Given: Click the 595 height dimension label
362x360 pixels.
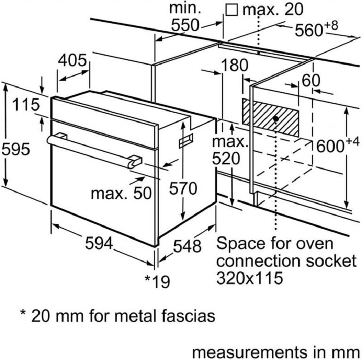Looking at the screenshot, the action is pyautogui.click(x=16, y=149).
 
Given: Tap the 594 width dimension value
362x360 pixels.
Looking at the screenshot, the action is pyautogui.click(x=99, y=243).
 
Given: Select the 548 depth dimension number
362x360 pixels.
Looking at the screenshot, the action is pyautogui.click(x=187, y=246).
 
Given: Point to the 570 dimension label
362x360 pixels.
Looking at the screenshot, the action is pyautogui.click(x=183, y=188).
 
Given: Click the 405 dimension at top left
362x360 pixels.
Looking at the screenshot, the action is pyautogui.click(x=72, y=60).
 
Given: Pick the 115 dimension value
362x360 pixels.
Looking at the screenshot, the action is pyautogui.click(x=26, y=105).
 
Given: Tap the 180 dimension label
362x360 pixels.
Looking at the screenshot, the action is pyautogui.click(x=234, y=65).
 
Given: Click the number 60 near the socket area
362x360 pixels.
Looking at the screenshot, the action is pyautogui.click(x=311, y=80).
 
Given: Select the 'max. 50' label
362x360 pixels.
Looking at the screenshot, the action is pyautogui.click(x=121, y=193).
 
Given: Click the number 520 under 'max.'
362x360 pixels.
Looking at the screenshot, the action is pyautogui.click(x=226, y=158).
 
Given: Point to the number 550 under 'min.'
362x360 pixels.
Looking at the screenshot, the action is pyautogui.click(x=185, y=25).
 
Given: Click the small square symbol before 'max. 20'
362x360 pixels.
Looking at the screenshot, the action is pyautogui.click(x=232, y=10).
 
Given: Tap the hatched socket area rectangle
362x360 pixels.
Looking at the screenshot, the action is pyautogui.click(x=270, y=117).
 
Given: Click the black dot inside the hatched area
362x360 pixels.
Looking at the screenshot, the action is pyautogui.click(x=276, y=119).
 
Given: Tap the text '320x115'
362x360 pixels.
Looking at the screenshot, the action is pyautogui.click(x=250, y=277).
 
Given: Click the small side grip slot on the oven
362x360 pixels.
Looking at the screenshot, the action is pyautogui.click(x=186, y=140).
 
